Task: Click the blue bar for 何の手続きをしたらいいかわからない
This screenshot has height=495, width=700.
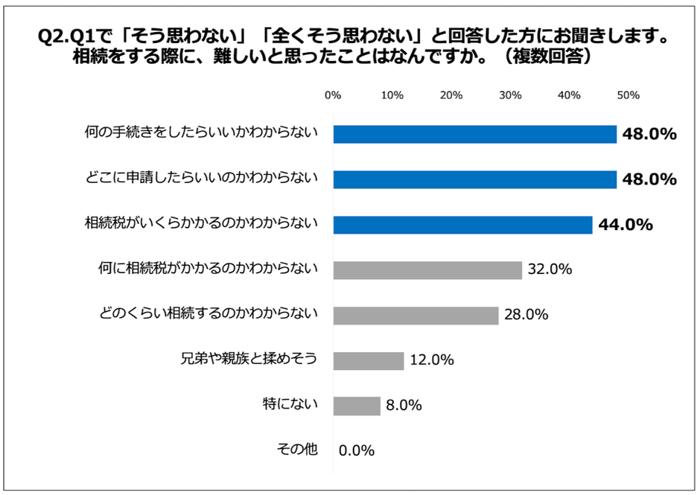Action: pyautogui.click(x=474, y=134)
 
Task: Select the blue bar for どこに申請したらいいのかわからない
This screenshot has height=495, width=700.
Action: pyautogui.click(x=474, y=179)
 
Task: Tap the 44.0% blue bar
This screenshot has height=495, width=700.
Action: pyautogui.click(x=462, y=225)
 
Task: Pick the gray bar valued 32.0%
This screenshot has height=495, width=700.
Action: pyautogui.click(x=427, y=269)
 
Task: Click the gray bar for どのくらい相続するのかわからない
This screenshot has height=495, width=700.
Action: pyautogui.click(x=416, y=315)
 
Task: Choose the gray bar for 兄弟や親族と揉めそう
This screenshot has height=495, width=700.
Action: pyautogui.click(x=369, y=360)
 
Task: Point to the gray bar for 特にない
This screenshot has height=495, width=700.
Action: pyautogui.click(x=357, y=406)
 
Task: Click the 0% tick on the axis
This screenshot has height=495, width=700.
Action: pyautogui.click(x=333, y=95)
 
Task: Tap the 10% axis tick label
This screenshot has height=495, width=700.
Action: pyautogui.click(x=392, y=95)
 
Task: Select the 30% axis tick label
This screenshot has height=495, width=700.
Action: pyautogui.click(x=510, y=95)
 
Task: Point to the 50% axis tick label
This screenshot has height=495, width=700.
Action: pyautogui.click(x=629, y=95)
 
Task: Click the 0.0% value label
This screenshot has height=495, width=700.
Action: pyautogui.click(x=357, y=450)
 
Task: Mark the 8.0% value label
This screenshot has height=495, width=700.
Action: pyautogui.click(x=404, y=406)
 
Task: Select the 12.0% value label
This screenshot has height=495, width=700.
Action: pyautogui.click(x=432, y=360)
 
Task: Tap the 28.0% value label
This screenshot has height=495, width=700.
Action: pyautogui.click(x=526, y=315)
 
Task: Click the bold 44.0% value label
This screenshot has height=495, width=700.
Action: pyautogui.click(x=627, y=225)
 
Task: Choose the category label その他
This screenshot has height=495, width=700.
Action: pyautogui.click(x=296, y=449)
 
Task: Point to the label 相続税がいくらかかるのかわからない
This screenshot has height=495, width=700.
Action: pyautogui.click(x=202, y=223)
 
